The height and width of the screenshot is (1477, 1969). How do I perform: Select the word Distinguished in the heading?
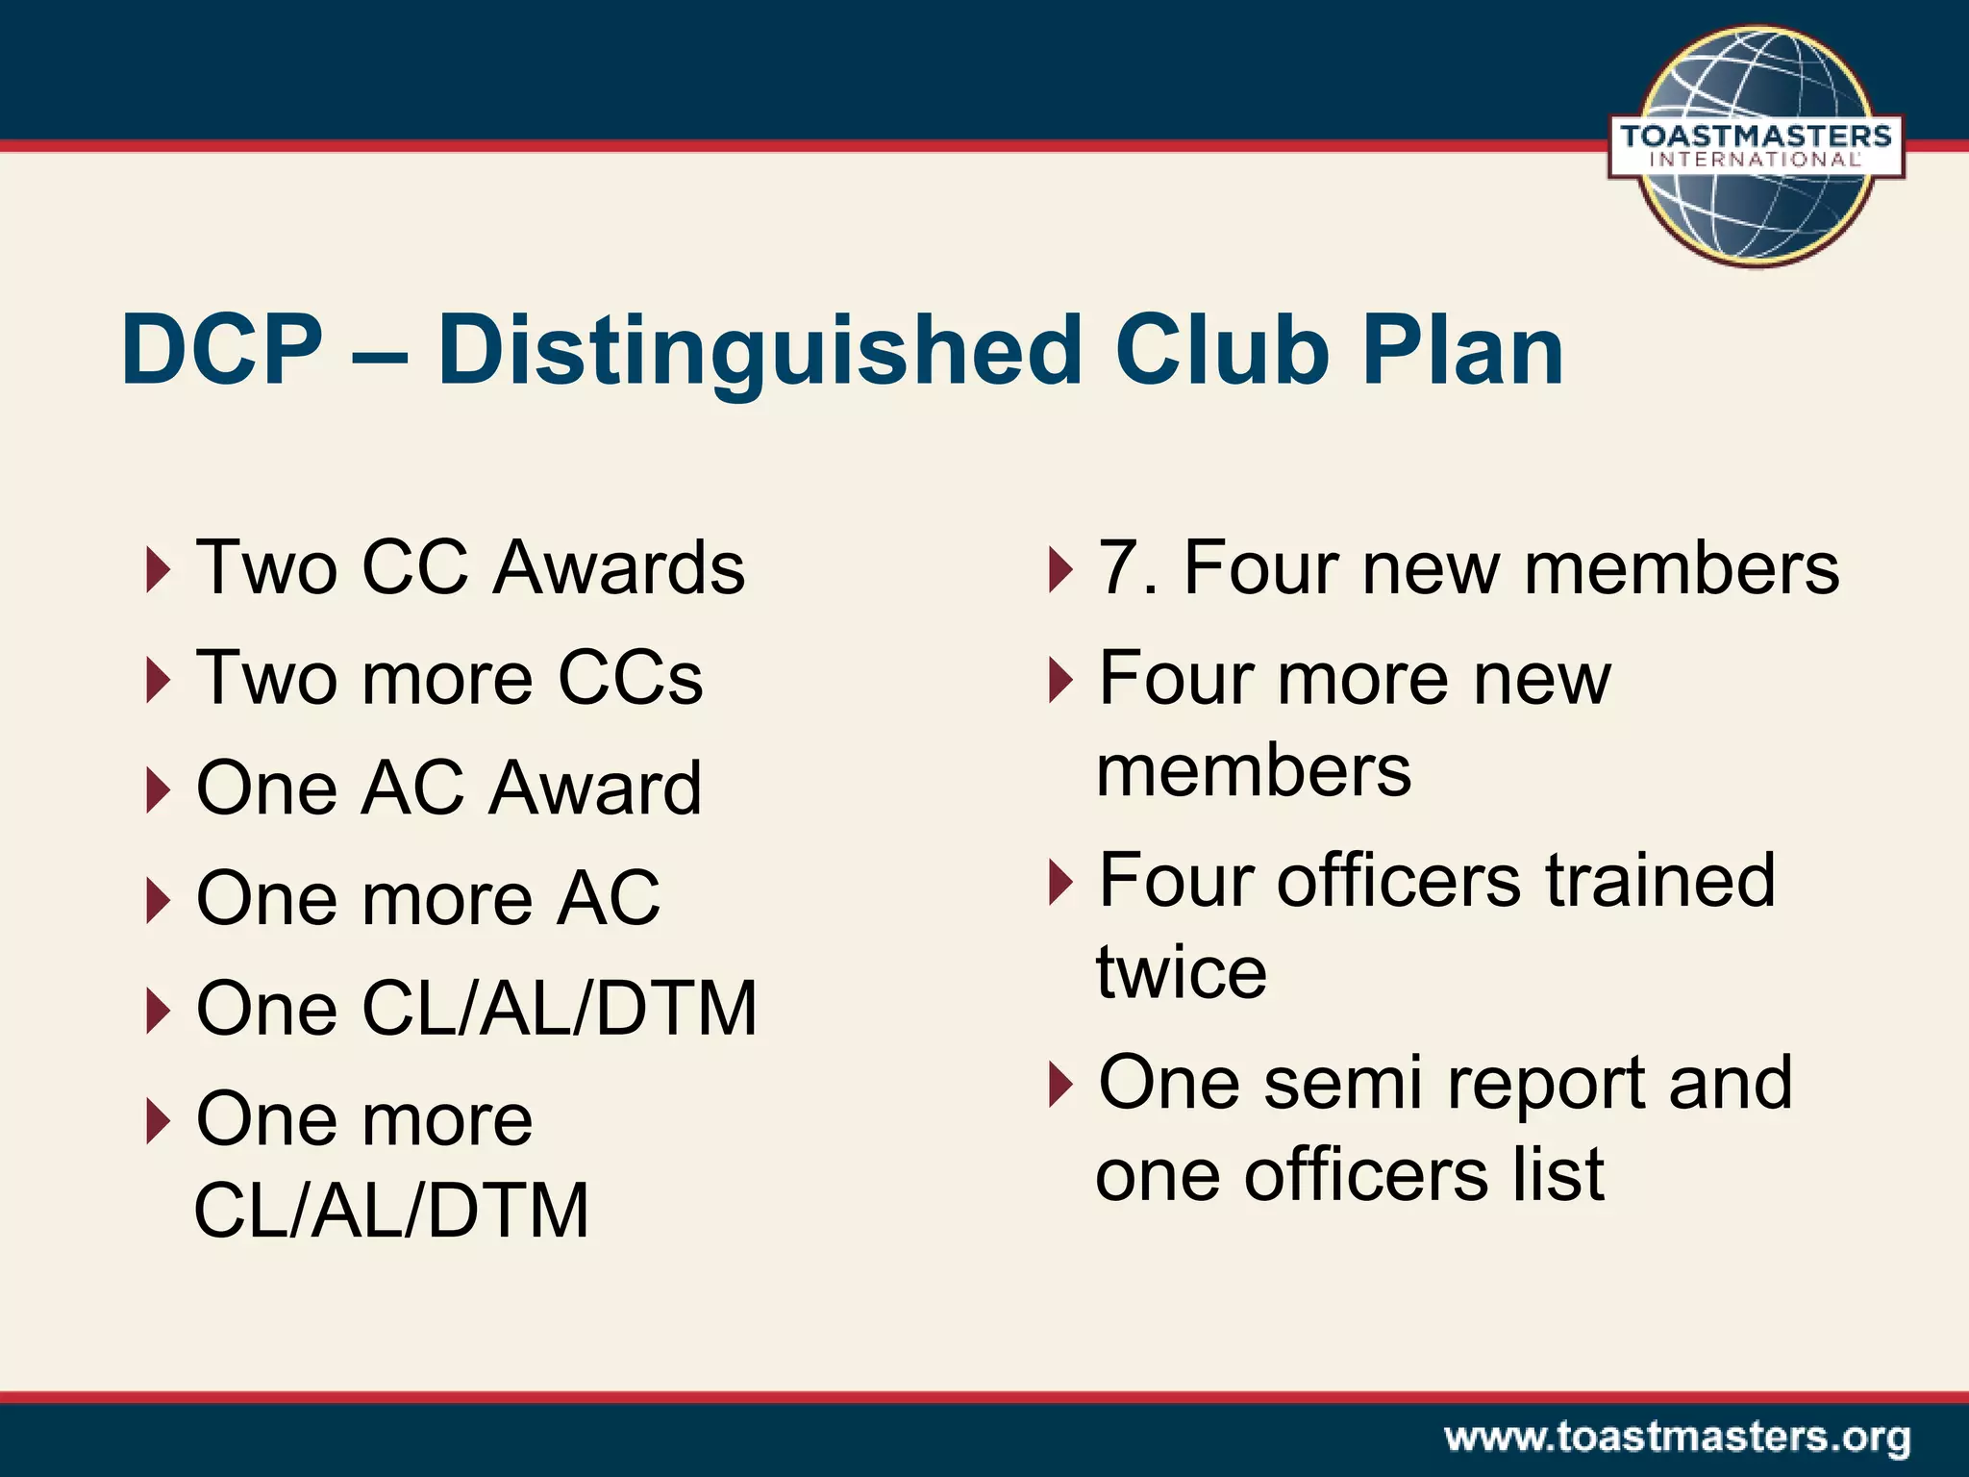tap(760, 352)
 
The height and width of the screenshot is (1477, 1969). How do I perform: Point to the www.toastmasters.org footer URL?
tap(1677, 1438)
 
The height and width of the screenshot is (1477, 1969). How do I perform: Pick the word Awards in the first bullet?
tap(618, 567)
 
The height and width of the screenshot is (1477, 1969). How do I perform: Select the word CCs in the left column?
tap(631, 678)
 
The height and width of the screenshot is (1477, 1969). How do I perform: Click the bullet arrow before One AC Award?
tap(159, 789)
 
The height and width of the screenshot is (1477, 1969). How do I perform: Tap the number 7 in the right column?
tap(1119, 568)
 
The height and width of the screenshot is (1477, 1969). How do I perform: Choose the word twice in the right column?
tap(1181, 972)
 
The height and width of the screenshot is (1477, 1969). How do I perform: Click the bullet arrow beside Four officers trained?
tap(1059, 881)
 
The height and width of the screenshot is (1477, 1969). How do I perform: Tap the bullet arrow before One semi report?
tap(1059, 1084)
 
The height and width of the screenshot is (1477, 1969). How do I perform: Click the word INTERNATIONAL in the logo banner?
tap(1756, 161)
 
